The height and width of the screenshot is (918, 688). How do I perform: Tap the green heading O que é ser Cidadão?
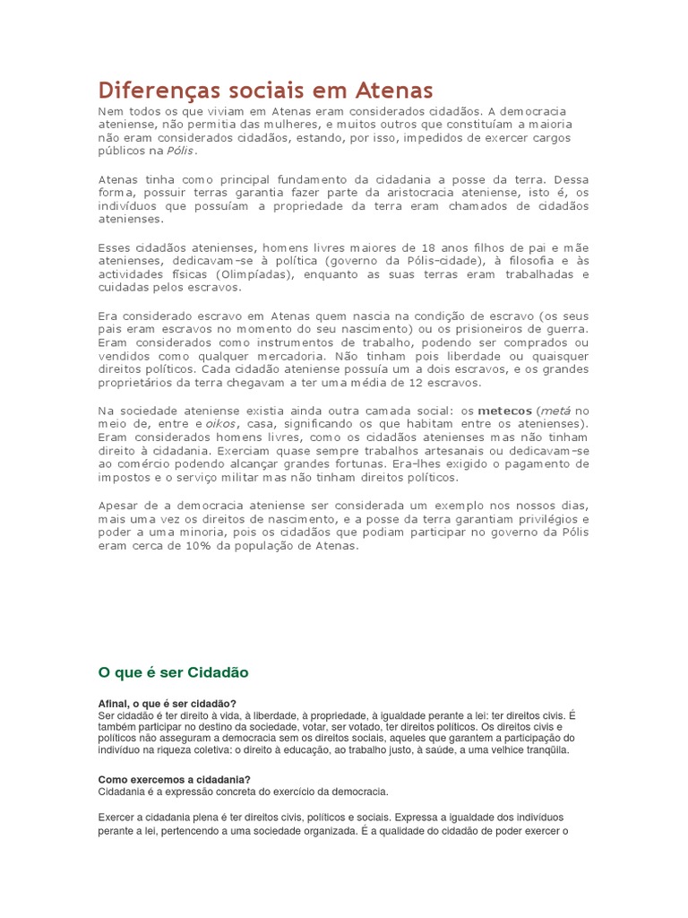point(173,671)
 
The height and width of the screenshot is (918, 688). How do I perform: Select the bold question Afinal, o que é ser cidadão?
point(168,703)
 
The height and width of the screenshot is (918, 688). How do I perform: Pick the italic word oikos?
point(223,423)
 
